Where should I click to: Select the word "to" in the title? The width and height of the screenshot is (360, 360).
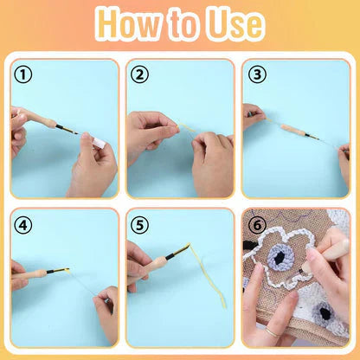(x=180, y=26)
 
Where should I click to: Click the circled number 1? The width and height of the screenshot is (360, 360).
(x=22, y=74)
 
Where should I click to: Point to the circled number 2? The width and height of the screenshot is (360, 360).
(x=139, y=74)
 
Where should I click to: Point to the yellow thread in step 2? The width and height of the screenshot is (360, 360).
(x=185, y=130)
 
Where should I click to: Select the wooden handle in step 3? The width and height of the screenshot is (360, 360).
(x=294, y=131)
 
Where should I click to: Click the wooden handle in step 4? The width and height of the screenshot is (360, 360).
(x=32, y=274)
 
